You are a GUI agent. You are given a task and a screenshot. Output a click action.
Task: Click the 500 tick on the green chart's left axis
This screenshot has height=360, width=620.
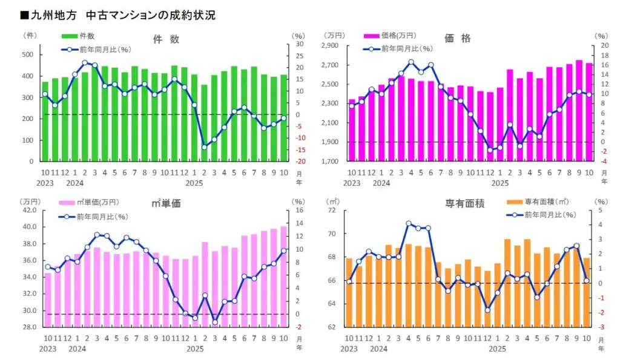coord(27,55)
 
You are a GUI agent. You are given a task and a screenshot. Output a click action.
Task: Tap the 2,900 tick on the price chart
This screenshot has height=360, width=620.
coord(331,45)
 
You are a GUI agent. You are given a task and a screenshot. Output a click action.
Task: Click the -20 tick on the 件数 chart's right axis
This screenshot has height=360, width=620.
coord(299,162)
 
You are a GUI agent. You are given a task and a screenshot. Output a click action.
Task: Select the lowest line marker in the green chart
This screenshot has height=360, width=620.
coord(204,147)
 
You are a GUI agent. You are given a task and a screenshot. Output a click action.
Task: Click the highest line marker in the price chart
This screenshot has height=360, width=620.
coord(411,62)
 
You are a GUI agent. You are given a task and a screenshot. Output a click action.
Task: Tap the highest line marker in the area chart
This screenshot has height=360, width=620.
coord(409,223)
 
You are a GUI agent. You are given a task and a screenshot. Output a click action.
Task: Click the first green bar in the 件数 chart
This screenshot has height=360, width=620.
coord(45,122)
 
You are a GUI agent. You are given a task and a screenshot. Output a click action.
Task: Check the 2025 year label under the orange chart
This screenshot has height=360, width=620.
coord(500,349)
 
